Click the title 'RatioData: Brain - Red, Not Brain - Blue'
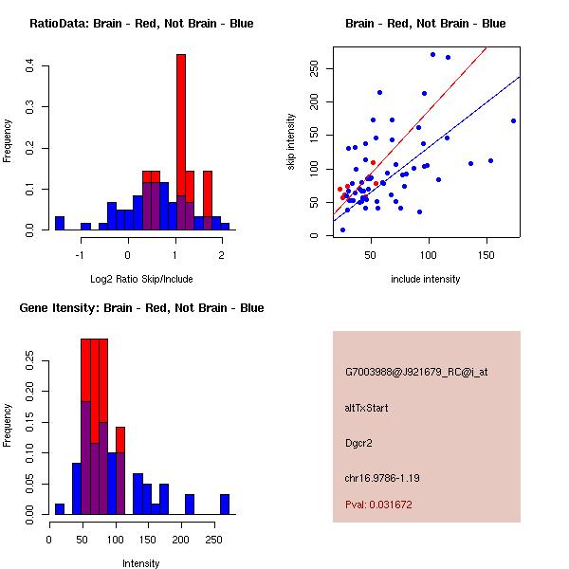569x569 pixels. [x=141, y=24]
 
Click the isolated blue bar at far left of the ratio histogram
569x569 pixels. [x=60, y=223]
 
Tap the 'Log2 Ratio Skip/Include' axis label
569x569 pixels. [x=141, y=279]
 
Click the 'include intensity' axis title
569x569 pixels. [x=426, y=279]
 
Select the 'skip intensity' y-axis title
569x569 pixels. [x=291, y=142]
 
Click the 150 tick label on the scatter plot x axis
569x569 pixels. [x=486, y=254]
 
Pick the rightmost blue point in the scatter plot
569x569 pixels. [x=513, y=120]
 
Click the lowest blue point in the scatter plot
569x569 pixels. [x=342, y=229]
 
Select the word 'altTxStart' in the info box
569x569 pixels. [x=367, y=408]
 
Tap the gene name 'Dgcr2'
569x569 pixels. [x=359, y=442]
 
